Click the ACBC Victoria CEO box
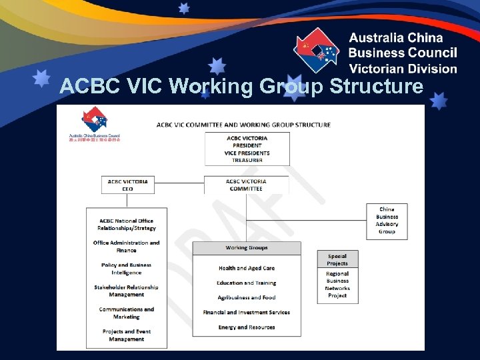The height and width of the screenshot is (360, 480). coord(127,185)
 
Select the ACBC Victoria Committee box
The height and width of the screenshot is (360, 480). coord(246,185)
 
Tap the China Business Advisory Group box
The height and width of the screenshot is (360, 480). coord(387,221)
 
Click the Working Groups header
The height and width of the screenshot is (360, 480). coord(247,248)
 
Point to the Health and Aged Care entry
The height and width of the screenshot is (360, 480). coord(247,268)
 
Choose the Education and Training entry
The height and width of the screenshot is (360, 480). coord(246,283)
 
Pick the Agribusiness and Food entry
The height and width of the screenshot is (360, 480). coord(246,297)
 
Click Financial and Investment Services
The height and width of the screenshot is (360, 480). coord(246,312)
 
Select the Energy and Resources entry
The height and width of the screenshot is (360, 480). coord(246,327)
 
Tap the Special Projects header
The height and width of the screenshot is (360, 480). coord(337,259)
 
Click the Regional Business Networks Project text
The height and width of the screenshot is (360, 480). coord(337,285)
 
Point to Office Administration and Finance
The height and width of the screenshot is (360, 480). coord(126,247)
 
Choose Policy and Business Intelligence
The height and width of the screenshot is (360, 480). coord(126,269)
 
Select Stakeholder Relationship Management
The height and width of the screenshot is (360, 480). coord(126,291)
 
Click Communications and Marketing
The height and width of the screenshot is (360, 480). coord(126,313)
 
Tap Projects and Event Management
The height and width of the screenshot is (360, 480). coord(126,335)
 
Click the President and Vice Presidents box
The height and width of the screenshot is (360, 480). coord(247,149)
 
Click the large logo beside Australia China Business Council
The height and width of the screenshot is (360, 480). coord(317,51)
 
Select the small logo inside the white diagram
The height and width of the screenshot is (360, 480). coord(94,124)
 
